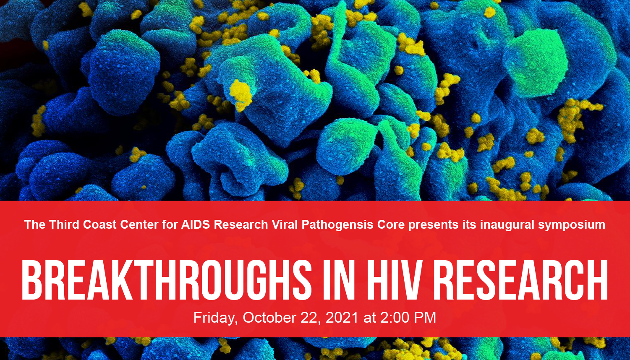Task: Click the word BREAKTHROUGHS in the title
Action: (166, 280)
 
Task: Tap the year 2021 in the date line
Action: (342, 318)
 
